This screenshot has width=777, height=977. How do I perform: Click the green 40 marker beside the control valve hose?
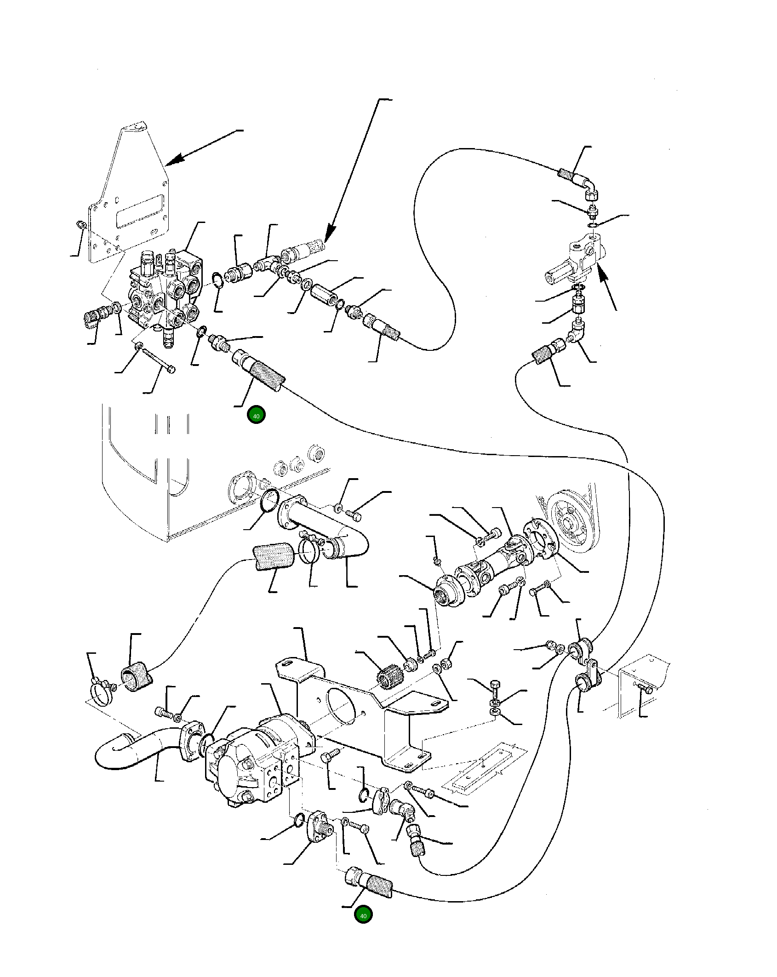tap(256, 416)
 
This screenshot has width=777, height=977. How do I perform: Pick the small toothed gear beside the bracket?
tap(388, 676)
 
